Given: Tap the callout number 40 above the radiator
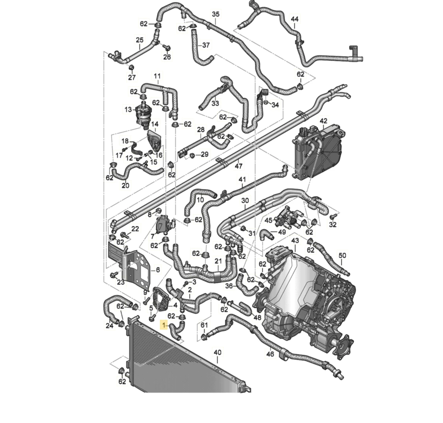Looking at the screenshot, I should click(217, 352).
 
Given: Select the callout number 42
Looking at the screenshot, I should click(323, 121).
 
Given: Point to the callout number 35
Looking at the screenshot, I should click(216, 14).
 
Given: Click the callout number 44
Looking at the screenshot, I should click(295, 19).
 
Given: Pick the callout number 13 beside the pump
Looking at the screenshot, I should click(128, 110).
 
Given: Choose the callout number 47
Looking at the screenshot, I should click(239, 166).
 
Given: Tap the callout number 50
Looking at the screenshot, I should click(342, 255).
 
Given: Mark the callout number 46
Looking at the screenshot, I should click(270, 354).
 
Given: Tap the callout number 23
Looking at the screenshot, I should click(121, 282).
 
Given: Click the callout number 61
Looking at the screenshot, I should click(204, 325).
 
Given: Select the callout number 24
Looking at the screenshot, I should click(109, 326).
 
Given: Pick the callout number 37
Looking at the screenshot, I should click(206, 45).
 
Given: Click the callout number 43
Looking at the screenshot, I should click(295, 241).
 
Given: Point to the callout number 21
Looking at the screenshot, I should click(218, 261).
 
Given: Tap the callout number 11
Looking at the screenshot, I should click(157, 77).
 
